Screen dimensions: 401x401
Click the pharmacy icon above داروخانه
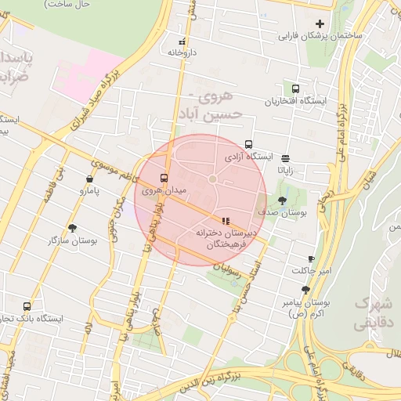click(182, 42)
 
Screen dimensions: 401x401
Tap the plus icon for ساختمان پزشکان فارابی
click(320, 23)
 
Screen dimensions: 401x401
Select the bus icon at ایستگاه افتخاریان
click(295, 89)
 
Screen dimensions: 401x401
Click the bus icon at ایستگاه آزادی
click(248, 144)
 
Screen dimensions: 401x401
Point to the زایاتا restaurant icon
click(284, 157)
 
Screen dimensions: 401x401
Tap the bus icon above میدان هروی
click(164, 178)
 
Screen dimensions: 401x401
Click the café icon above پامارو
click(85, 178)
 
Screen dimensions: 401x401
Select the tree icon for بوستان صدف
click(282, 200)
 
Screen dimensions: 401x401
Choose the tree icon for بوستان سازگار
click(72, 229)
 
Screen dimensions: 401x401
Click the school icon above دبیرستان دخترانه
click(226, 221)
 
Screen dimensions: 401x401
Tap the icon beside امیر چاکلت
click(311, 258)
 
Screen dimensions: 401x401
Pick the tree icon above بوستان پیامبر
click(294, 290)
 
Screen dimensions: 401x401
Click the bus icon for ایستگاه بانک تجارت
click(27, 307)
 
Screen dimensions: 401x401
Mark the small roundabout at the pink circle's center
click(212, 180)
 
